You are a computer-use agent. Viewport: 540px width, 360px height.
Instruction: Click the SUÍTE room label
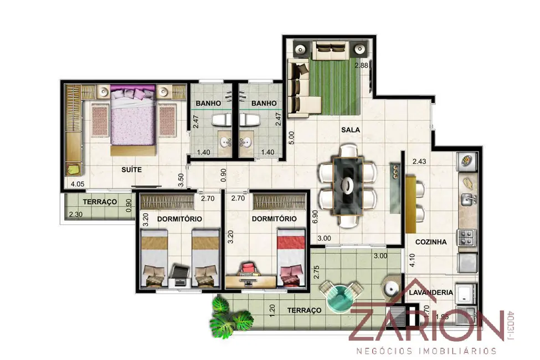131,171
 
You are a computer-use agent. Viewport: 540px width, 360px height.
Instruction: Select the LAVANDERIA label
431,292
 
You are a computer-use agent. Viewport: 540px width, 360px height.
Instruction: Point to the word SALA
351,130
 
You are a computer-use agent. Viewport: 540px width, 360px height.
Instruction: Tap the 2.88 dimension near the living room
361,65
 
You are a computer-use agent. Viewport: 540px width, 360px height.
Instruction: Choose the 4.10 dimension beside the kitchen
412,260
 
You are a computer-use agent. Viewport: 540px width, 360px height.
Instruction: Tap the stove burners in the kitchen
466,238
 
